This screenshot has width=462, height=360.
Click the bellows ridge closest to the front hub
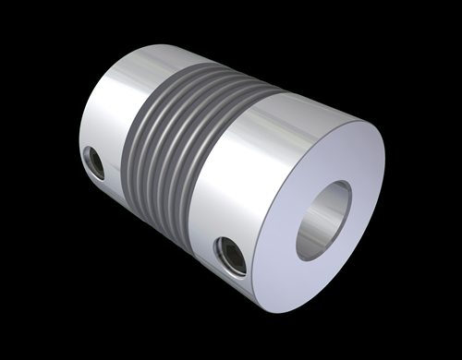pos(214,157)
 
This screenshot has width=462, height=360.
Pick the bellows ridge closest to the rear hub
pos(139,129)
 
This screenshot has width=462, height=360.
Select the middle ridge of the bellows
pos(176,143)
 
